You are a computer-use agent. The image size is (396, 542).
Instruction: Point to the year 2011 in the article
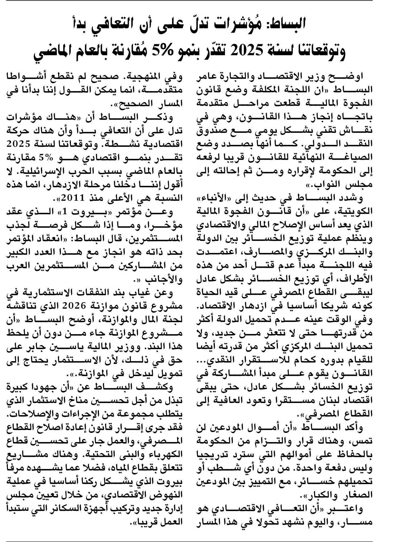(x=72, y=199)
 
